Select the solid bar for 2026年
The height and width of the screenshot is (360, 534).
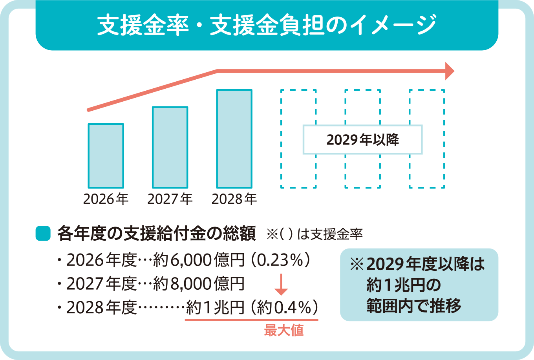(x=106, y=156)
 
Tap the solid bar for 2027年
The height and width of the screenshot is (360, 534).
(x=170, y=147)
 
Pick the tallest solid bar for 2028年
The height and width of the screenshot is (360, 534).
(x=234, y=139)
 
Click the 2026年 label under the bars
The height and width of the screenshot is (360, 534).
(x=106, y=199)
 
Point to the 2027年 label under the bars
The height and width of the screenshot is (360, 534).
(x=170, y=199)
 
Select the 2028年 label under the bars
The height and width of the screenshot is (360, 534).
(x=234, y=199)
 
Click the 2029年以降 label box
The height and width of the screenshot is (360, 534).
(x=362, y=140)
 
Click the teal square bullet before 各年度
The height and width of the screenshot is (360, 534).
(x=43, y=234)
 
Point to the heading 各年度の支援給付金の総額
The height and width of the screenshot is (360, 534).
(x=156, y=234)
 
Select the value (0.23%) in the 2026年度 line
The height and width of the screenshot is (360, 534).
(x=282, y=261)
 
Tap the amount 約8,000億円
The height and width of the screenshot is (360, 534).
(x=198, y=284)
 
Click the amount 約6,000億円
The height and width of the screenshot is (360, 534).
(x=198, y=261)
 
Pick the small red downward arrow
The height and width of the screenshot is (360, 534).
(x=281, y=285)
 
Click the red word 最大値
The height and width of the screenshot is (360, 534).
(x=284, y=331)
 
